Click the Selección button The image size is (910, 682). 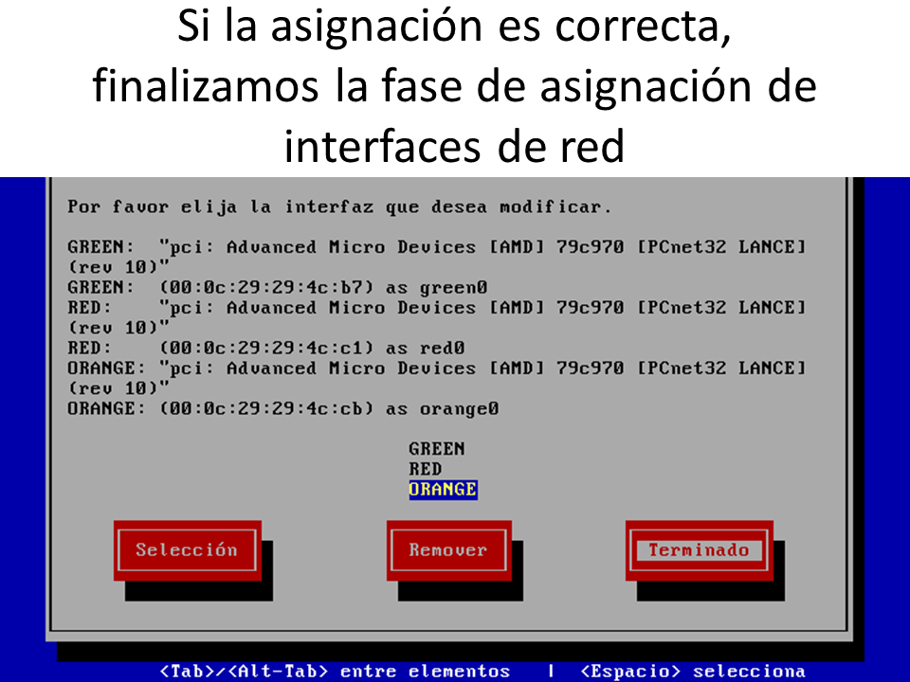click(188, 549)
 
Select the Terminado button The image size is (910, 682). click(700, 549)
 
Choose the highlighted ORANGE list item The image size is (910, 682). click(443, 490)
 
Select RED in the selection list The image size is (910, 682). click(426, 469)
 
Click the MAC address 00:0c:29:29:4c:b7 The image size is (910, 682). click(266, 288)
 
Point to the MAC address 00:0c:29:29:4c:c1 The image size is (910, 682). click(266, 348)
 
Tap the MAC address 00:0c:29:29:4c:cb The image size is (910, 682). click(266, 409)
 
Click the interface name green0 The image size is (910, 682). click(454, 288)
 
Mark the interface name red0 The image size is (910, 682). click(443, 348)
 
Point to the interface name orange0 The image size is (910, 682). click(459, 409)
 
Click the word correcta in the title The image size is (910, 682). click(643, 27)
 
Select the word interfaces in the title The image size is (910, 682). click(383, 146)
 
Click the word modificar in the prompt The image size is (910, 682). click(555, 206)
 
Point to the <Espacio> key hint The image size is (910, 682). click(630, 671)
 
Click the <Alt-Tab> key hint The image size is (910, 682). click(278, 671)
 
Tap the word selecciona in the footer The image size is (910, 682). click(749, 671)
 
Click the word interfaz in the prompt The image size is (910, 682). click(329, 206)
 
